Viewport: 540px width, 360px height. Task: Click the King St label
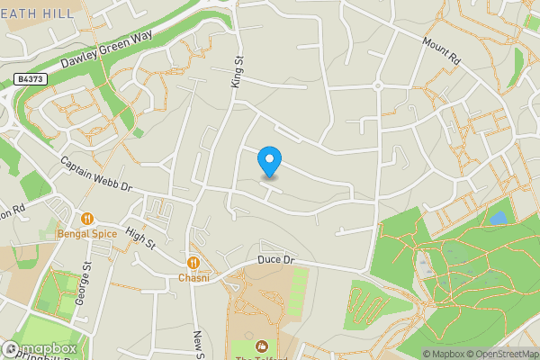pyautogui.click(x=238, y=70)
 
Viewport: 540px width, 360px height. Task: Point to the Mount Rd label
pyautogui.click(x=442, y=49)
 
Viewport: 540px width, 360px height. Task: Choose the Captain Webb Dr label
pyautogui.click(x=96, y=175)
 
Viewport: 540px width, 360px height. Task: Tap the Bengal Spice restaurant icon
pyautogui.click(x=87, y=218)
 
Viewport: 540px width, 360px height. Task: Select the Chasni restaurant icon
pyautogui.click(x=193, y=262)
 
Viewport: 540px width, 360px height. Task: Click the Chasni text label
pyautogui.click(x=193, y=278)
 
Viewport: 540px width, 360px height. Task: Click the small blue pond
pyautogui.click(x=498, y=218)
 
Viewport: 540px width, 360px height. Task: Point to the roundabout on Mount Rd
pyautogui.click(x=379, y=86)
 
